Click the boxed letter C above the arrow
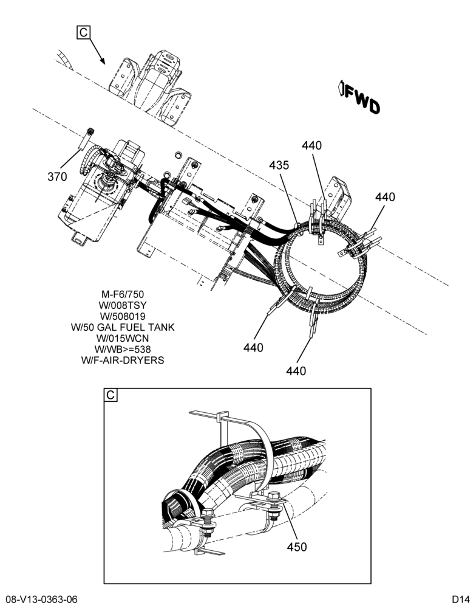(83, 32)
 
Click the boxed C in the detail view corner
(110, 395)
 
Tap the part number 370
(57, 177)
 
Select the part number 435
(279, 165)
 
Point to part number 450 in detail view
(297, 547)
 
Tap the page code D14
(460, 599)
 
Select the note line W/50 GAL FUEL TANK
(123, 327)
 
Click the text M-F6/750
(123, 294)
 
